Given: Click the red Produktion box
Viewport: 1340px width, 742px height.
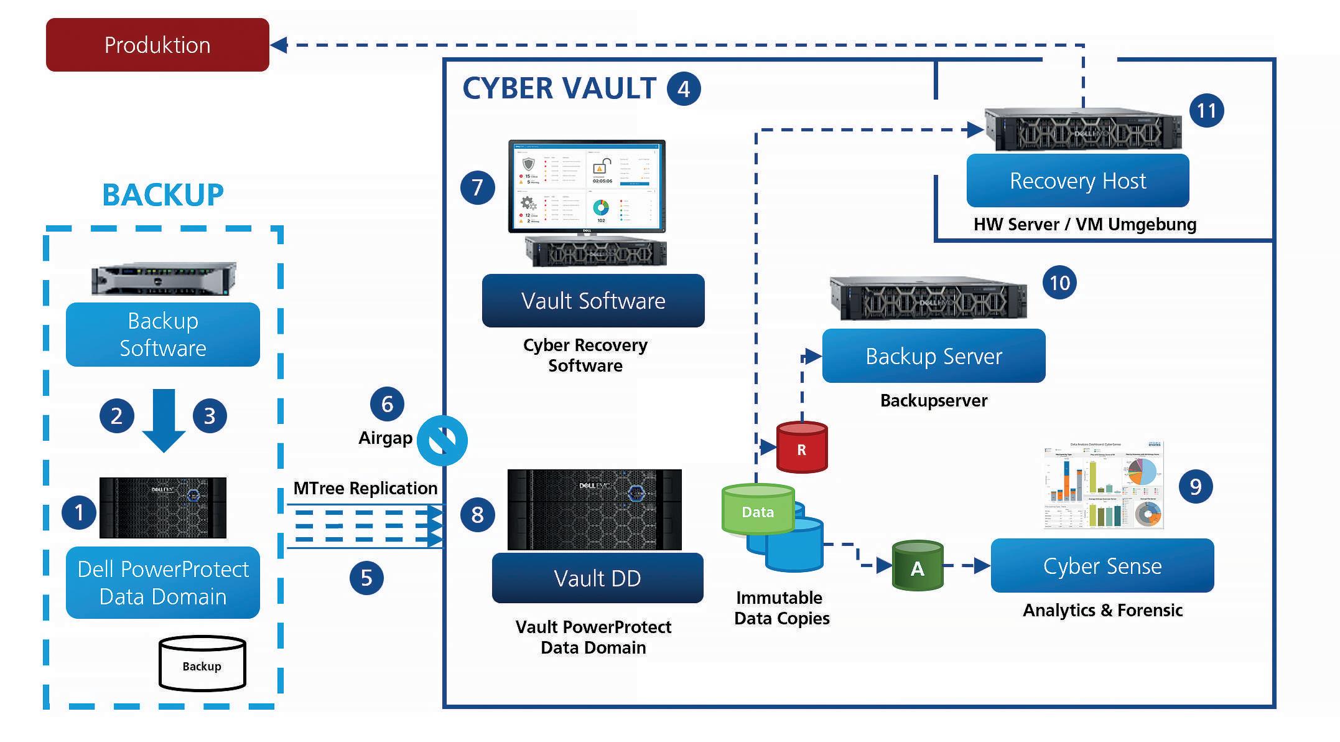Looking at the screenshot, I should [x=157, y=45].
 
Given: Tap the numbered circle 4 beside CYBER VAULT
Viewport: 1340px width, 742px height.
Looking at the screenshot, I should [x=684, y=89].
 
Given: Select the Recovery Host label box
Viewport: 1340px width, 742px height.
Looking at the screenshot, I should [x=1077, y=181].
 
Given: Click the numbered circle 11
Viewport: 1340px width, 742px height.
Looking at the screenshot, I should [x=1206, y=111].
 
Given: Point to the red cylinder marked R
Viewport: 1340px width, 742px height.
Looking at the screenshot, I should [x=802, y=448].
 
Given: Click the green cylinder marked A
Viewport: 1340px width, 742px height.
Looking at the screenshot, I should [x=918, y=566].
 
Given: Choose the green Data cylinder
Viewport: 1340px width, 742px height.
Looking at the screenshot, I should [x=758, y=510].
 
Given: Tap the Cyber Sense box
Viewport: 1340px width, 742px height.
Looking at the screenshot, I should [x=1102, y=566].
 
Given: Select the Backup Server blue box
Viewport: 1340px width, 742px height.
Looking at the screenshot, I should [x=933, y=356].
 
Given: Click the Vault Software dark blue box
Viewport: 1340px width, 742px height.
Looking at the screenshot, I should [x=593, y=301].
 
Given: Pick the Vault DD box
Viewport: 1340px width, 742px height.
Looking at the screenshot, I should [x=597, y=578].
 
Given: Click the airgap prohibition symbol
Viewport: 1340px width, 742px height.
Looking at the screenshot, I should [x=442, y=441].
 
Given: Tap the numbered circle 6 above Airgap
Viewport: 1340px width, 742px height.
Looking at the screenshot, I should [x=387, y=404].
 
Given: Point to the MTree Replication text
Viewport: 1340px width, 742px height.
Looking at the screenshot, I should [x=365, y=488].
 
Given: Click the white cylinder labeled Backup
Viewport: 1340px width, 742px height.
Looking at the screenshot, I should [x=202, y=664].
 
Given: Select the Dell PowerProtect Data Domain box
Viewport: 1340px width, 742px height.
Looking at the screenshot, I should [x=163, y=583].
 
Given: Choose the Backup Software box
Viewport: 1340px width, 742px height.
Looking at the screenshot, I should [x=163, y=334].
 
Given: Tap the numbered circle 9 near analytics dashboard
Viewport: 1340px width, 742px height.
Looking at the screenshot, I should [x=1195, y=486].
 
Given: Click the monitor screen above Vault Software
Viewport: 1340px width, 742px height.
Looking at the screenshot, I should [x=587, y=186].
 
